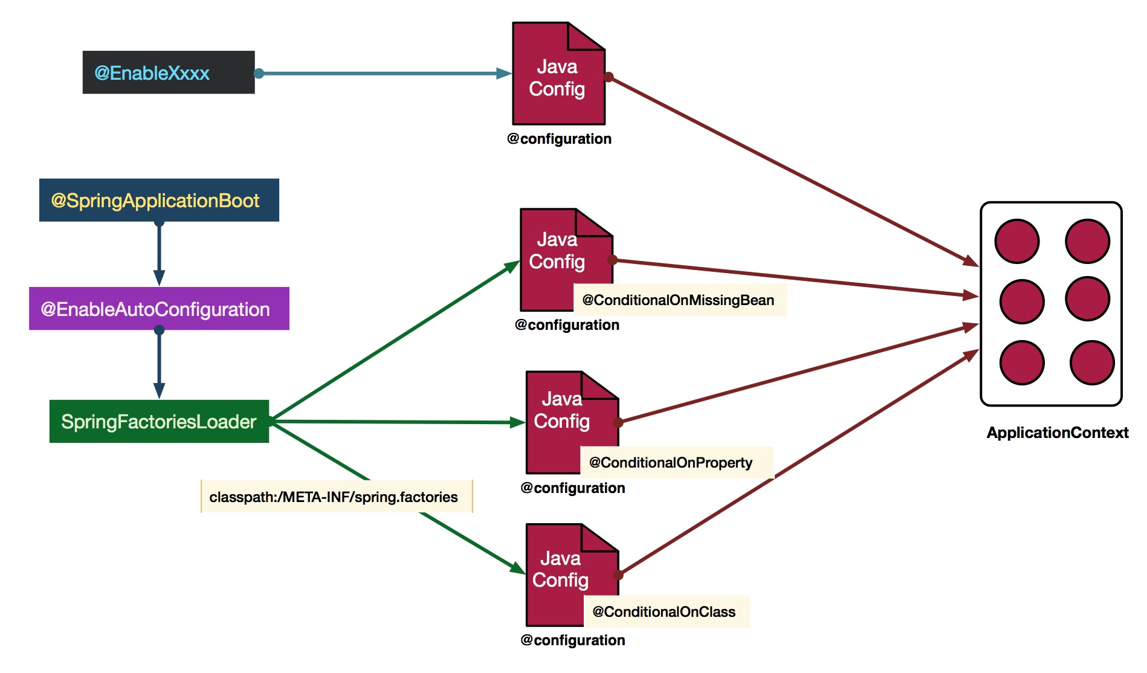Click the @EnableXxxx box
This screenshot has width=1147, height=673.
click(x=168, y=72)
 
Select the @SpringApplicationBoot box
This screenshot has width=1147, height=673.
click(x=159, y=200)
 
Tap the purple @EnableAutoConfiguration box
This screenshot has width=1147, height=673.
click(x=159, y=309)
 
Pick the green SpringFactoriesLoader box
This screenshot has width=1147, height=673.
click(x=159, y=421)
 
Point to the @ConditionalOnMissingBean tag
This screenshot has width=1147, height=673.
click(x=679, y=300)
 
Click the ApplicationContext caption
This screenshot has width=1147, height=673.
click(x=1057, y=433)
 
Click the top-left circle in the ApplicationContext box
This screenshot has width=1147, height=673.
click(x=1017, y=242)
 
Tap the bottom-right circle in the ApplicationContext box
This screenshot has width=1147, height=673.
click(x=1091, y=362)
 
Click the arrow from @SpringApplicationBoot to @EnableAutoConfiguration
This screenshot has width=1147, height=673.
click(x=159, y=254)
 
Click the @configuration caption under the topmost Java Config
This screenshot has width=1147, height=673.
click(x=559, y=139)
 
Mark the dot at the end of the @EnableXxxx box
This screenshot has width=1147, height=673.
click(x=259, y=74)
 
